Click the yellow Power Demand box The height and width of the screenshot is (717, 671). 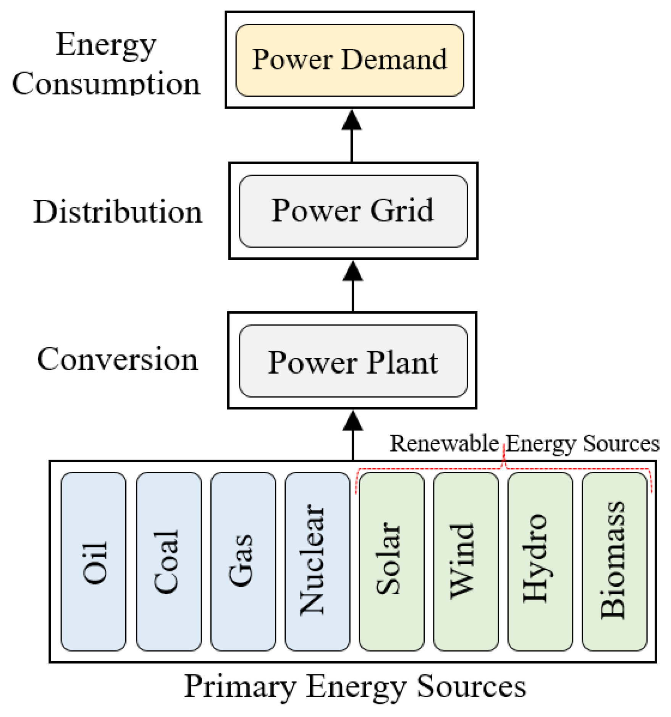[349, 60]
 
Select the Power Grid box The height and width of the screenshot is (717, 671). [353, 211]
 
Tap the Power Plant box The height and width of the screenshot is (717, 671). [353, 361]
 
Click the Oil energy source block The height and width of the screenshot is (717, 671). [94, 562]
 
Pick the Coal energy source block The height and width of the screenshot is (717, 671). [168, 562]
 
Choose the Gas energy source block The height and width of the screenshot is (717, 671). [243, 562]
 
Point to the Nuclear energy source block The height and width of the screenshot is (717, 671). [317, 562]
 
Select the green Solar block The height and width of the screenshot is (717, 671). [391, 562]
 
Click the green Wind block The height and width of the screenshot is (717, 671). [466, 562]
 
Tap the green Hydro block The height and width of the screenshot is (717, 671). [540, 562]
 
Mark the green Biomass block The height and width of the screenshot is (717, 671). [614, 562]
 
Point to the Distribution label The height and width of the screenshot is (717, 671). [118, 212]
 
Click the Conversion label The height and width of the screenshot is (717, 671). [118, 359]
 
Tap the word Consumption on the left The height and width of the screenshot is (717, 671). [106, 84]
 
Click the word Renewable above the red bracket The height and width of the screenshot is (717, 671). [444, 443]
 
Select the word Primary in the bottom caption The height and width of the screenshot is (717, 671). [240, 686]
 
